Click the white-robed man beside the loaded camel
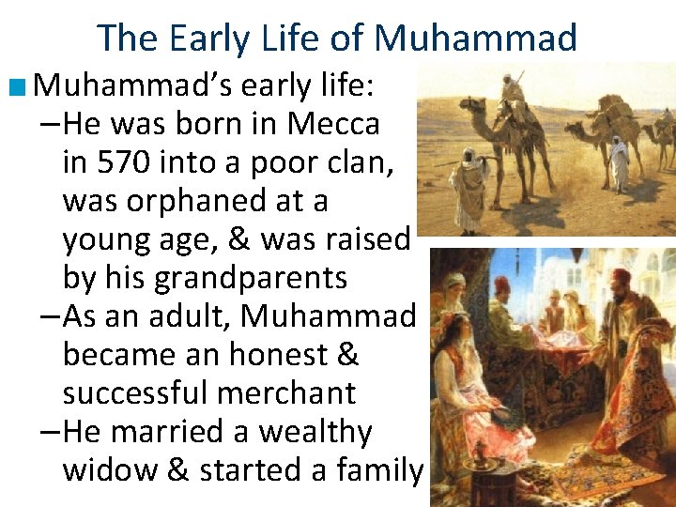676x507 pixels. pos(619,161)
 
